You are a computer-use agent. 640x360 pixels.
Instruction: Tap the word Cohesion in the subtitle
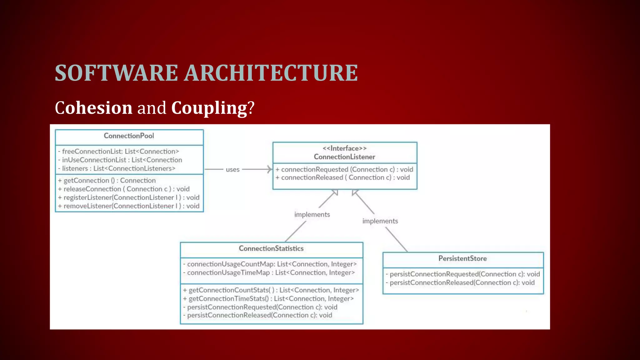click(93, 108)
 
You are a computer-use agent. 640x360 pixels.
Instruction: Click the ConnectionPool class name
click(129, 136)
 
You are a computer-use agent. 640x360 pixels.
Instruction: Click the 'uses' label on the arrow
click(232, 170)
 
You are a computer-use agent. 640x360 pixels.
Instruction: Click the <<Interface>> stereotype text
click(344, 148)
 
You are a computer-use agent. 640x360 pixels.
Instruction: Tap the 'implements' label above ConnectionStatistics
click(312, 215)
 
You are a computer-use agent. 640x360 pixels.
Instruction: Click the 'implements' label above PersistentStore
click(380, 221)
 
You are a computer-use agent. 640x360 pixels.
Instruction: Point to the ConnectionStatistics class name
click(271, 248)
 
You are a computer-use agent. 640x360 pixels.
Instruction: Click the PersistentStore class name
click(462, 258)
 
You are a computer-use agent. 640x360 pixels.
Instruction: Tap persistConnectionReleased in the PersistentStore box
click(462, 283)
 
